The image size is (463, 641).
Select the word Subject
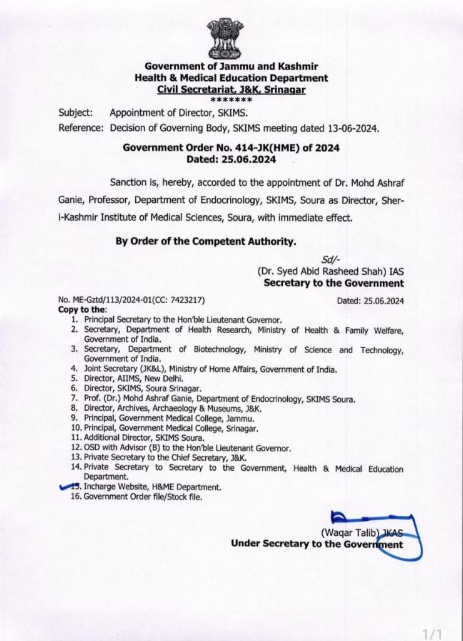click(x=76, y=113)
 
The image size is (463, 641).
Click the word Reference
click(x=81, y=128)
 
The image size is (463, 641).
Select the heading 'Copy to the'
click(x=82, y=310)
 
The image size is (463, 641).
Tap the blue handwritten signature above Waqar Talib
click(x=369, y=520)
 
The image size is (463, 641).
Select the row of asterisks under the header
click(x=232, y=100)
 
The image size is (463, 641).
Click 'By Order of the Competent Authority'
click(x=205, y=241)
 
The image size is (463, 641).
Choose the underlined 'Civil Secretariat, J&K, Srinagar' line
click(x=232, y=90)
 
